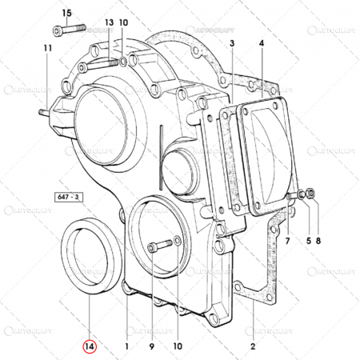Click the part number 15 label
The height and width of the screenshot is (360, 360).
pyautogui.click(x=66, y=14)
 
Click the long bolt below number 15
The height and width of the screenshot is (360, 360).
pyautogui.click(x=70, y=30)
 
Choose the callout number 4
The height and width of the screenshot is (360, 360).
pyautogui.click(x=262, y=43)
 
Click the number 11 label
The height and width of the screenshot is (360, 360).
pyautogui.click(x=47, y=49)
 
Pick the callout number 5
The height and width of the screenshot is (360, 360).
pyautogui.click(x=305, y=239)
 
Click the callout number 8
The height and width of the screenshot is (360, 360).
pyautogui.click(x=320, y=239)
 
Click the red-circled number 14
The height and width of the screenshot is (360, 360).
pyautogui.click(x=90, y=347)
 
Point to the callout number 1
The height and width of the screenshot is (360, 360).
pyautogui.click(x=126, y=347)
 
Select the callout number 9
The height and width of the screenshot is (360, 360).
pyautogui.click(x=151, y=347)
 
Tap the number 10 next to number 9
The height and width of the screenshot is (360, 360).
pyautogui.click(x=178, y=347)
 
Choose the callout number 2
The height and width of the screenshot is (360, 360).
pyautogui.click(x=252, y=347)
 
